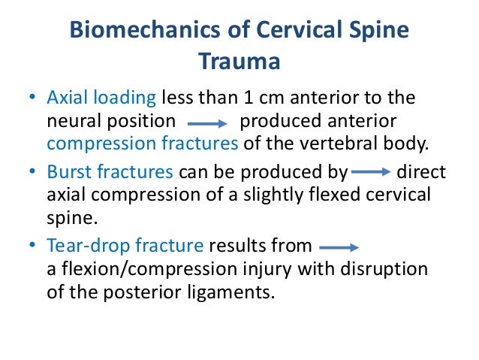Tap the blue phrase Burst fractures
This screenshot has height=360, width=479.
point(110,172)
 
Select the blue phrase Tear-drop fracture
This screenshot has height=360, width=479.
point(125,245)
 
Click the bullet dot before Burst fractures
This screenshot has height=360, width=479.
point(32,173)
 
